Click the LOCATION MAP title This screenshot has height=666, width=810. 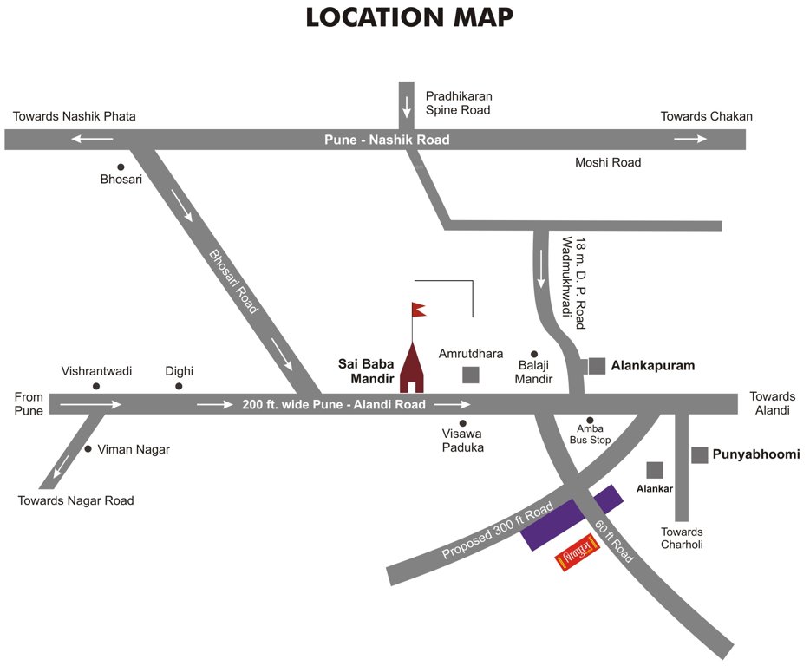[x=409, y=18]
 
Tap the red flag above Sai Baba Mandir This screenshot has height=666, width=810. [x=419, y=309]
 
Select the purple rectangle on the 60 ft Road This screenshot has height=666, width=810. [x=572, y=517]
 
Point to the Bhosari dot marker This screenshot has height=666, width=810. [x=121, y=166]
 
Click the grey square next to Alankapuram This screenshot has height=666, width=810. [x=597, y=366]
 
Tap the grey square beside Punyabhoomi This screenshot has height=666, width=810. [x=699, y=454]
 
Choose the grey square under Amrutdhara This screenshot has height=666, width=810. [x=470, y=375]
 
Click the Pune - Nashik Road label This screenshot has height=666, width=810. [x=387, y=140]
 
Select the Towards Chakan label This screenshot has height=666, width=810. [x=706, y=116]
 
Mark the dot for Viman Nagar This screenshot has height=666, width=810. [x=88, y=449]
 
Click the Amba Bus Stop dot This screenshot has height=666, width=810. [x=590, y=421]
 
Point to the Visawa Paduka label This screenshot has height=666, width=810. [x=462, y=441]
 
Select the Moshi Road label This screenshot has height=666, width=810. [x=608, y=162]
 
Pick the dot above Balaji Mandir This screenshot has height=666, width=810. [x=534, y=354]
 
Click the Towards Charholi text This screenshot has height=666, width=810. [x=682, y=538]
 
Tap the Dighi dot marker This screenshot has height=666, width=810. [x=180, y=386]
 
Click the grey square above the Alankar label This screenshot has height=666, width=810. [x=655, y=469]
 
